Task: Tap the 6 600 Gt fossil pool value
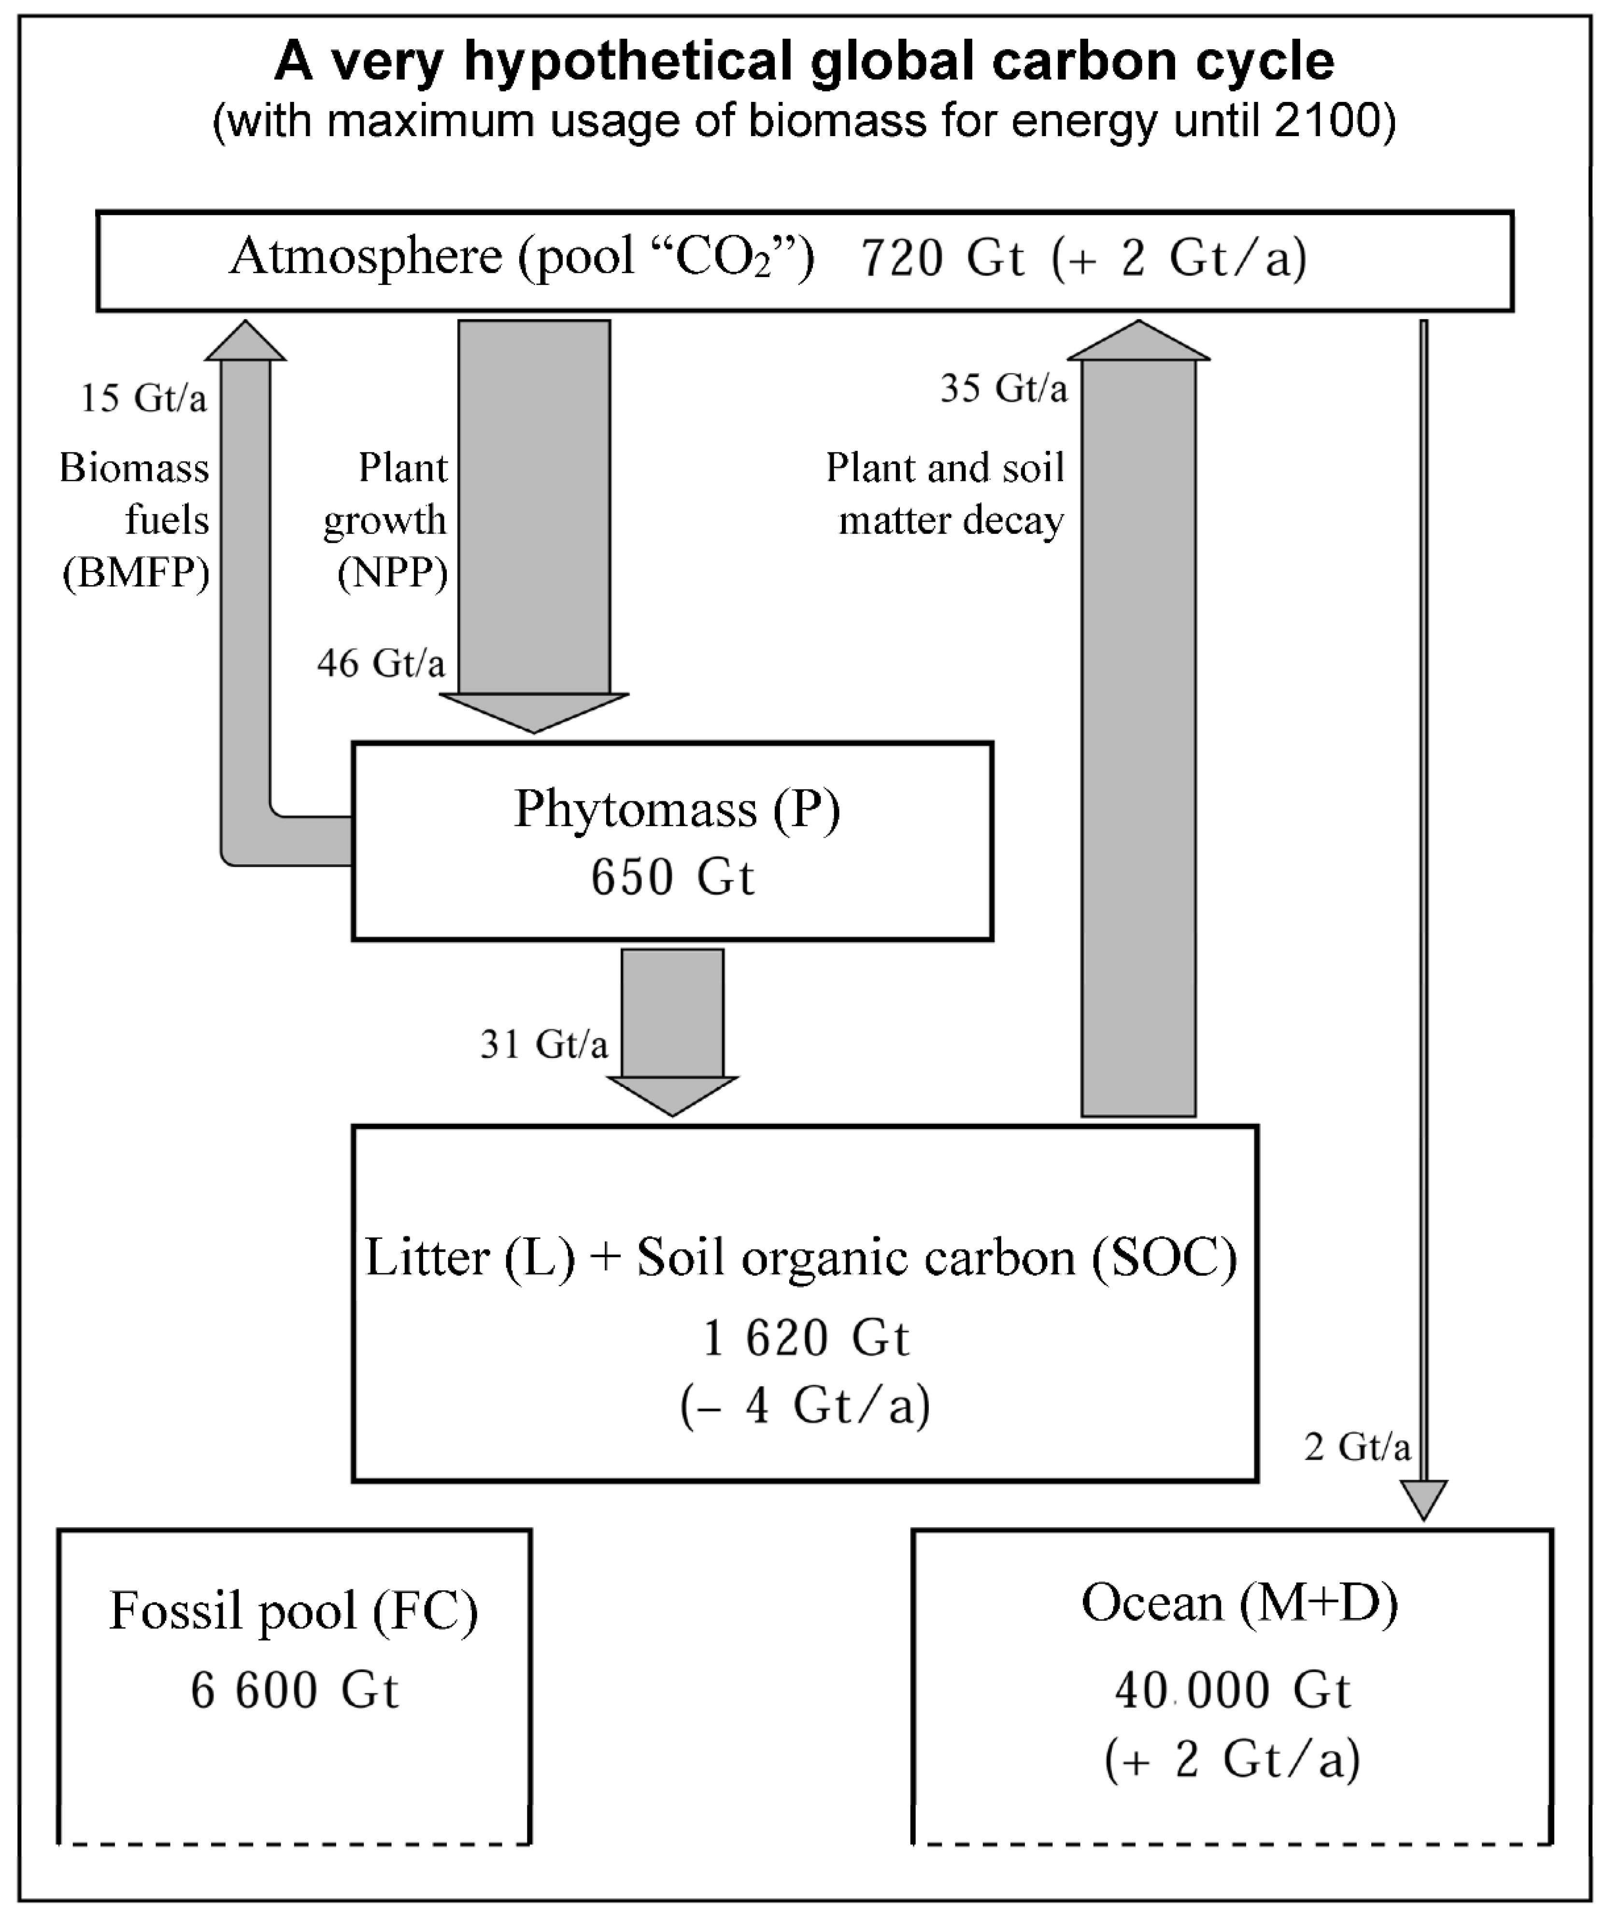tap(294, 1689)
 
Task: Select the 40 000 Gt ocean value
tap(1232, 1689)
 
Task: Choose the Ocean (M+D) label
tap(1239, 1602)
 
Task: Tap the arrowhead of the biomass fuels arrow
tap(245, 341)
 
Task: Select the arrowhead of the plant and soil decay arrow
tap(1139, 341)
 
